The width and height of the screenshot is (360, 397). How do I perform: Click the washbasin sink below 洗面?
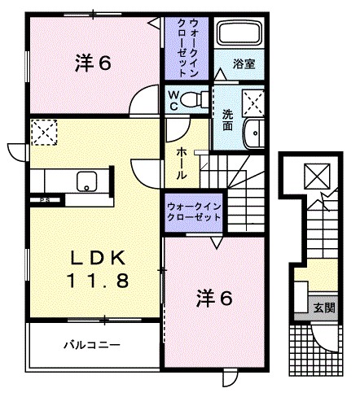(x=253, y=133)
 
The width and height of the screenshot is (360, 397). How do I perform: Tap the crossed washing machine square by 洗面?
(x=252, y=103)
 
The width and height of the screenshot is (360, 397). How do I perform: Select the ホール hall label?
(x=180, y=163)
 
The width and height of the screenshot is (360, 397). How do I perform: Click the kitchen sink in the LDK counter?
(x=86, y=182)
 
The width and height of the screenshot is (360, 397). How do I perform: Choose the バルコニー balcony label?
(x=93, y=345)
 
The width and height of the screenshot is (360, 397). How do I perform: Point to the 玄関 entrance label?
(x=323, y=308)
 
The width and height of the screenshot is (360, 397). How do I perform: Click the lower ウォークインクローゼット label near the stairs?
(x=194, y=212)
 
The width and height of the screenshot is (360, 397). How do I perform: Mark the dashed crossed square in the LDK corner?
(x=42, y=130)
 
